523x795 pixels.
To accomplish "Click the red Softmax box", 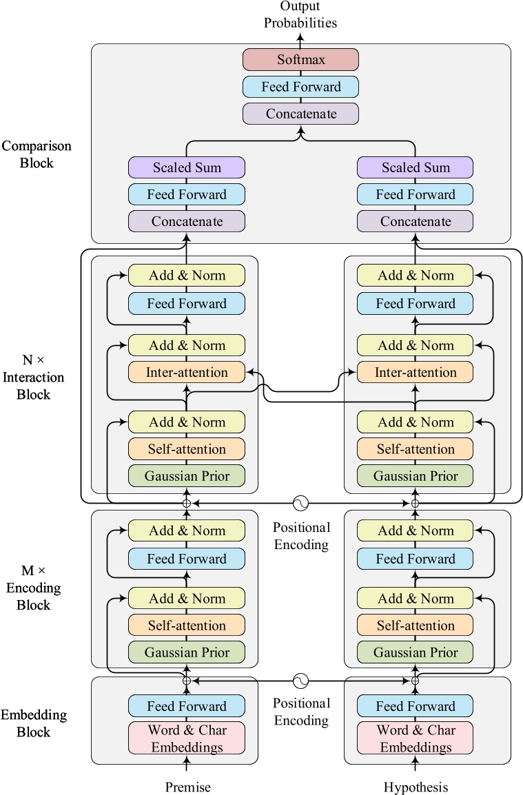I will [300, 59].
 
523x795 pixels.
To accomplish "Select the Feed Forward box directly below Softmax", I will [300, 87].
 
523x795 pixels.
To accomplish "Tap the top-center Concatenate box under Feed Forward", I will [300, 113].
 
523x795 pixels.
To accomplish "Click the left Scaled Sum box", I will [186, 167].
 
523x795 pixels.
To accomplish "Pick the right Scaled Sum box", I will [415, 167].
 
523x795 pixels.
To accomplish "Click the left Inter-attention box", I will [186, 373].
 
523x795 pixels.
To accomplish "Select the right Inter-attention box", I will [415, 373].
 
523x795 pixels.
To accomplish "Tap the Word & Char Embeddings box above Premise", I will [186, 738].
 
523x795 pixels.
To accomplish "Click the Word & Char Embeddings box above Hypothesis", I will [415, 738].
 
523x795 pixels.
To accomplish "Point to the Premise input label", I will [187, 787].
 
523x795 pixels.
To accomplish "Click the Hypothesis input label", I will [416, 787].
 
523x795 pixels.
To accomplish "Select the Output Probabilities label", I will [300, 14].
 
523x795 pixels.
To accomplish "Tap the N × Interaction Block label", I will [33, 378].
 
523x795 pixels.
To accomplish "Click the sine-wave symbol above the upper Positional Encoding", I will [300, 503].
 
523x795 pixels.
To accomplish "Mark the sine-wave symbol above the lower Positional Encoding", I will [300, 681].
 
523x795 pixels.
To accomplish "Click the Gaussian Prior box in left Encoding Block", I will [186, 652].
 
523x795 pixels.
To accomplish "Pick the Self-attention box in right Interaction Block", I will [415, 449].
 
